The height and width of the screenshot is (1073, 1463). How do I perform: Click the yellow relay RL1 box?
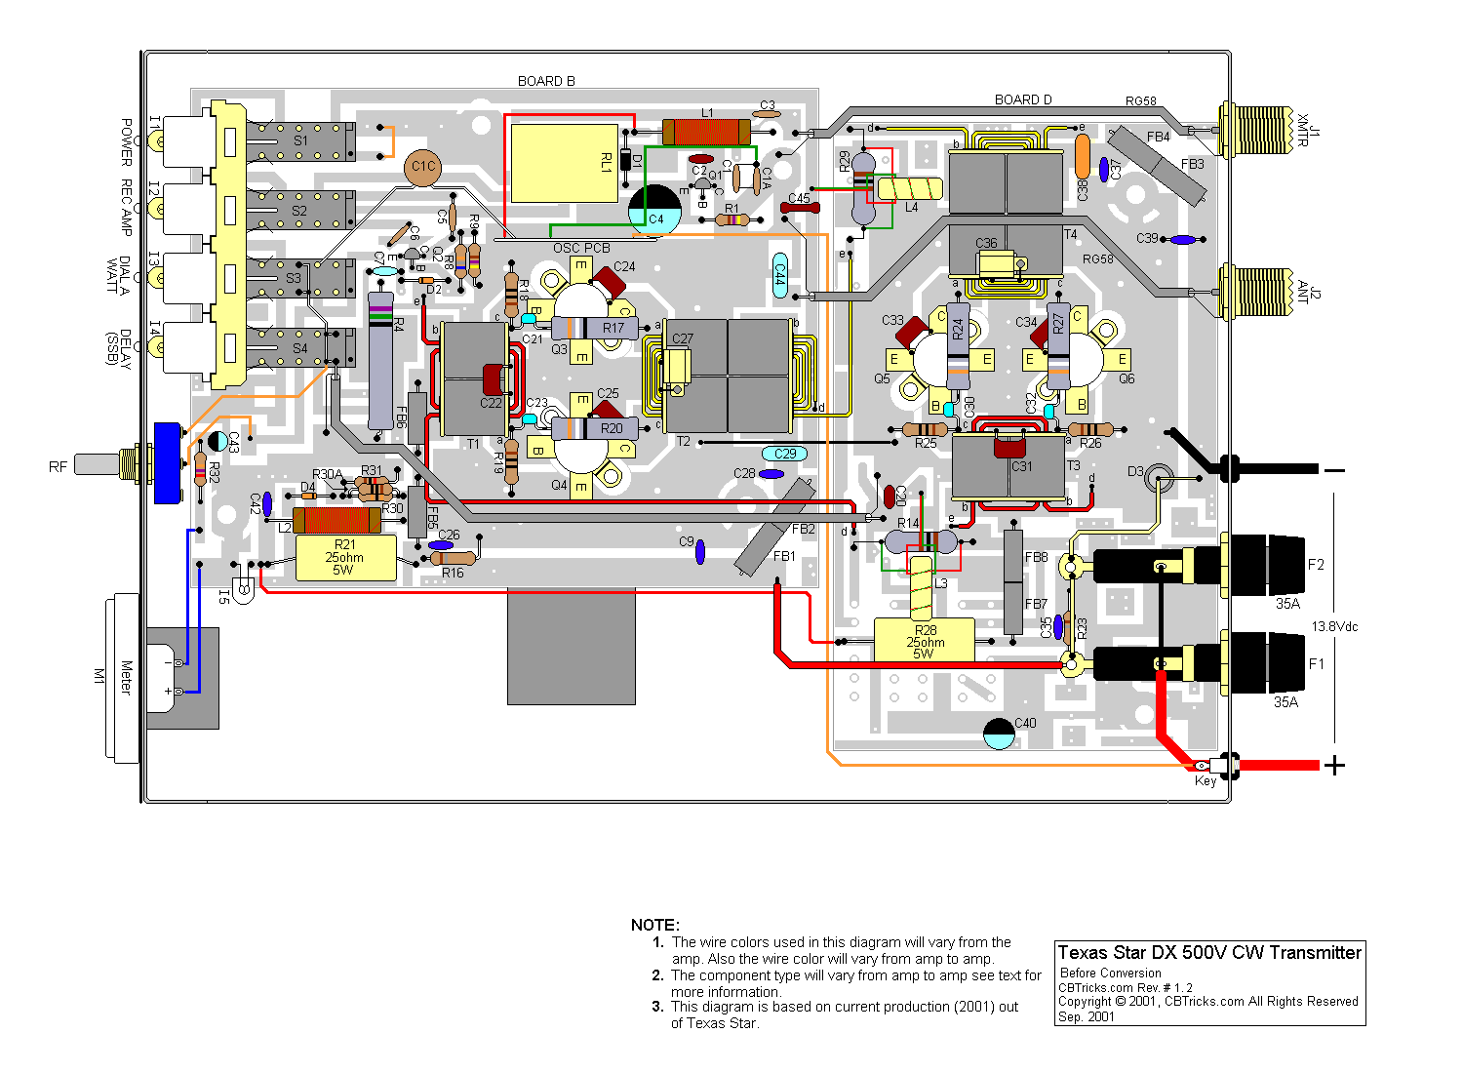[x=563, y=163]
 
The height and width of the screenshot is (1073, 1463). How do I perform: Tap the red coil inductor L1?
[x=706, y=132]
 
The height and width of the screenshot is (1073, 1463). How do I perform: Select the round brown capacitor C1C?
[x=422, y=167]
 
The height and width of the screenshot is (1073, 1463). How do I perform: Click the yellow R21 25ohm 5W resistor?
[x=345, y=558]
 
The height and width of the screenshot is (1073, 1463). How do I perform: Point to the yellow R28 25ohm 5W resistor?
[x=924, y=640]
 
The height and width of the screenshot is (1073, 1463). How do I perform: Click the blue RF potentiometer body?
[x=169, y=463]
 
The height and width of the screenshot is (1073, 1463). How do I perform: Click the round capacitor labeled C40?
[x=999, y=734]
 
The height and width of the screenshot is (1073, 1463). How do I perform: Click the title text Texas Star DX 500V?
[x=1209, y=953]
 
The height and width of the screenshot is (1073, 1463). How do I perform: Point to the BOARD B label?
[x=546, y=81]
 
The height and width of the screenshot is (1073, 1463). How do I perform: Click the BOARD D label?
[x=1023, y=99]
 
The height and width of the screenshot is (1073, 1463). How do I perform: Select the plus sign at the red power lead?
[x=1333, y=766]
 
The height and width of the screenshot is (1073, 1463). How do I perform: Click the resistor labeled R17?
[x=595, y=329]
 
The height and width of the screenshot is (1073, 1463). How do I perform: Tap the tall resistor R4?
[x=381, y=361]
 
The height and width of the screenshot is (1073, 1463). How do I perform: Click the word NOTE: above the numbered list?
[x=654, y=925]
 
